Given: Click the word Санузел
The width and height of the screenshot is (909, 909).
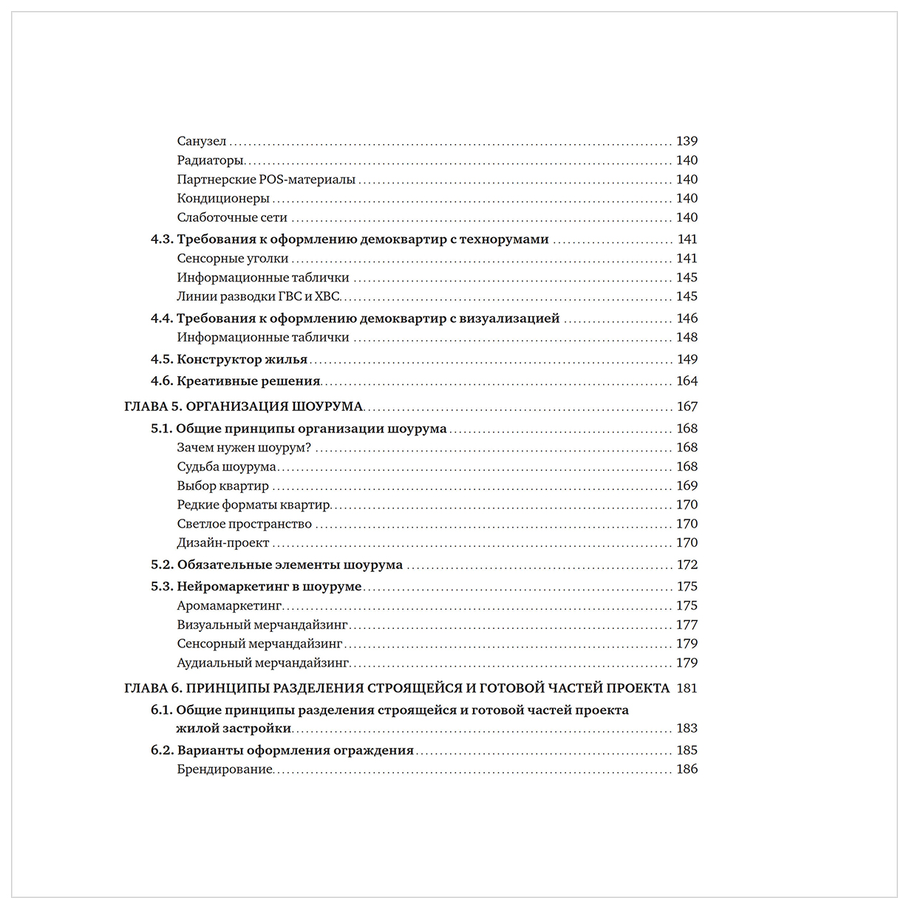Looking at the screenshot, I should click(202, 141).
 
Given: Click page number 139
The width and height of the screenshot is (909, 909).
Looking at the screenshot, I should click(687, 141).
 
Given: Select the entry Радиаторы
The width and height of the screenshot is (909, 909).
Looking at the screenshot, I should click(211, 160).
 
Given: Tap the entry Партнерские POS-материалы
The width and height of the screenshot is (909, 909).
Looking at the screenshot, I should click(266, 180).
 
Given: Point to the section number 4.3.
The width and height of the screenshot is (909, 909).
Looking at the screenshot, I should click(161, 239).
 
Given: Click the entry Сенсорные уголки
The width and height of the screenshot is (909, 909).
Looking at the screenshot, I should click(233, 259).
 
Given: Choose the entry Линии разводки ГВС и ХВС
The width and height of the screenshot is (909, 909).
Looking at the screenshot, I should click(258, 296).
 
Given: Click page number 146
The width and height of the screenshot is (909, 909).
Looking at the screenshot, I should click(687, 319).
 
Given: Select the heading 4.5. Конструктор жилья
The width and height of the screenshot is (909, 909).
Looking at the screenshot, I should click(229, 360).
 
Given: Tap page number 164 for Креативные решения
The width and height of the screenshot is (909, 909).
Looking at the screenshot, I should click(687, 381).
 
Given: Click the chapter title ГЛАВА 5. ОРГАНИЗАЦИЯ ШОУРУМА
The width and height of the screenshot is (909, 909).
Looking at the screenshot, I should click(244, 406).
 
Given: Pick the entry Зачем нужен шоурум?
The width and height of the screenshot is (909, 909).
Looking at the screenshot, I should click(244, 448).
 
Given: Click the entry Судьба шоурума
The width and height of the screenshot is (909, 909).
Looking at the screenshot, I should click(226, 467).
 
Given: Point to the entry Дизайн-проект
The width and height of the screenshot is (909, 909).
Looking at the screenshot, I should click(223, 543).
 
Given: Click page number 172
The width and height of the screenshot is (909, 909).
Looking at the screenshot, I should click(687, 565).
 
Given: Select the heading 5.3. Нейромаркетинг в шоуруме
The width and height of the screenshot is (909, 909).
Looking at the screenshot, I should click(256, 587).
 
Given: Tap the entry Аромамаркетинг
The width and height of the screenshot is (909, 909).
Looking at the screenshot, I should click(229, 606).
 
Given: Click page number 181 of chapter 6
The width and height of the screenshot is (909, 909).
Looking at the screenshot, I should click(687, 688).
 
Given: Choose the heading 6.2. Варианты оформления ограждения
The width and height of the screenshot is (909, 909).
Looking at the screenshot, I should click(282, 751).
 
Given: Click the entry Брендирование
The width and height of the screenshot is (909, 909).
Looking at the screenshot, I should click(225, 769).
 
